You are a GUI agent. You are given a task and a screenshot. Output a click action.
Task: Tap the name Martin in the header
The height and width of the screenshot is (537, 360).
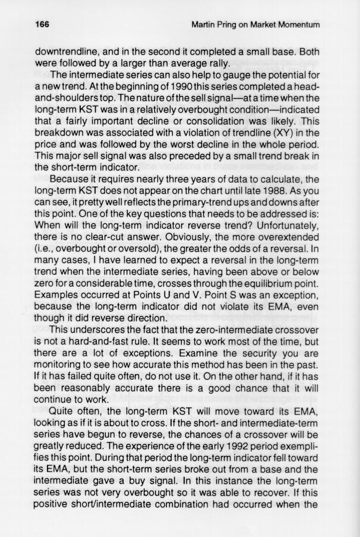[x=206, y=24]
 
